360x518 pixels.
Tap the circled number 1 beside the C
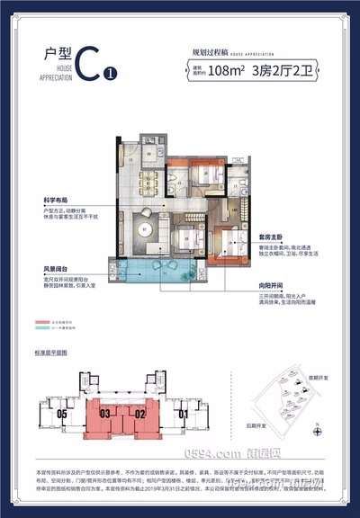coord(110,74)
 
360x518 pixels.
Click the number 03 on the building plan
coord(104,415)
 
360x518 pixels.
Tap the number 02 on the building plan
coord(139,415)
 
